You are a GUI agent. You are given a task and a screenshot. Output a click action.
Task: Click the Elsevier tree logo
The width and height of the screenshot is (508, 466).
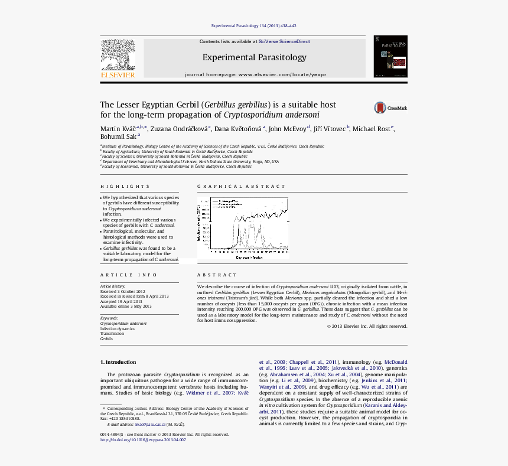118,55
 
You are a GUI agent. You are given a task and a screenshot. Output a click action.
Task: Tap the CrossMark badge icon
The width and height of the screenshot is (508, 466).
380,107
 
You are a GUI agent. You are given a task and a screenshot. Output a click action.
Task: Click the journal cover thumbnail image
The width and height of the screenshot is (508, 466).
390,56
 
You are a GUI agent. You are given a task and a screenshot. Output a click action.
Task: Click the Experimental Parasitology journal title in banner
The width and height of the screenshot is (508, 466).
255,57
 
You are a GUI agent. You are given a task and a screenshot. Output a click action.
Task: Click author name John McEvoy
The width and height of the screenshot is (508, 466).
288,129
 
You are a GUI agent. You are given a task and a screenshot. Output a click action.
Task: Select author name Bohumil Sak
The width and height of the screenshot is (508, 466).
118,137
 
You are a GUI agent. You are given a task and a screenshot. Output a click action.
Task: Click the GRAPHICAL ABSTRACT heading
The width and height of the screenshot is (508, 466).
233,186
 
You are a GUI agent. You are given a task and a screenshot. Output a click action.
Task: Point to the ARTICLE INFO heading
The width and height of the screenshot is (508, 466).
129,275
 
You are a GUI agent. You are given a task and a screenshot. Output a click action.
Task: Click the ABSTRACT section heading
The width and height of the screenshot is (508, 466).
217,275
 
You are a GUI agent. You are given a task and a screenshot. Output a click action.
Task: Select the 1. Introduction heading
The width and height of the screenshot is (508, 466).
118,362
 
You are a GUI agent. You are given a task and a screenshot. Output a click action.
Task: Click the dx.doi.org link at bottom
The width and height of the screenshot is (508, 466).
143,440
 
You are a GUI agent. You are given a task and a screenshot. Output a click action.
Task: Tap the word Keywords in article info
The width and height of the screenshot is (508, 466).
109,318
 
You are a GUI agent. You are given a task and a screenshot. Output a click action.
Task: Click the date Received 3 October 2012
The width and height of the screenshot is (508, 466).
122,292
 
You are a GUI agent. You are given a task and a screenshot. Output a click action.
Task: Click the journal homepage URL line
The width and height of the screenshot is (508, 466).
255,75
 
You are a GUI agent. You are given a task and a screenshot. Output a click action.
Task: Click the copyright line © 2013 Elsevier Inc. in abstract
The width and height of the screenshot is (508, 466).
367,326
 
